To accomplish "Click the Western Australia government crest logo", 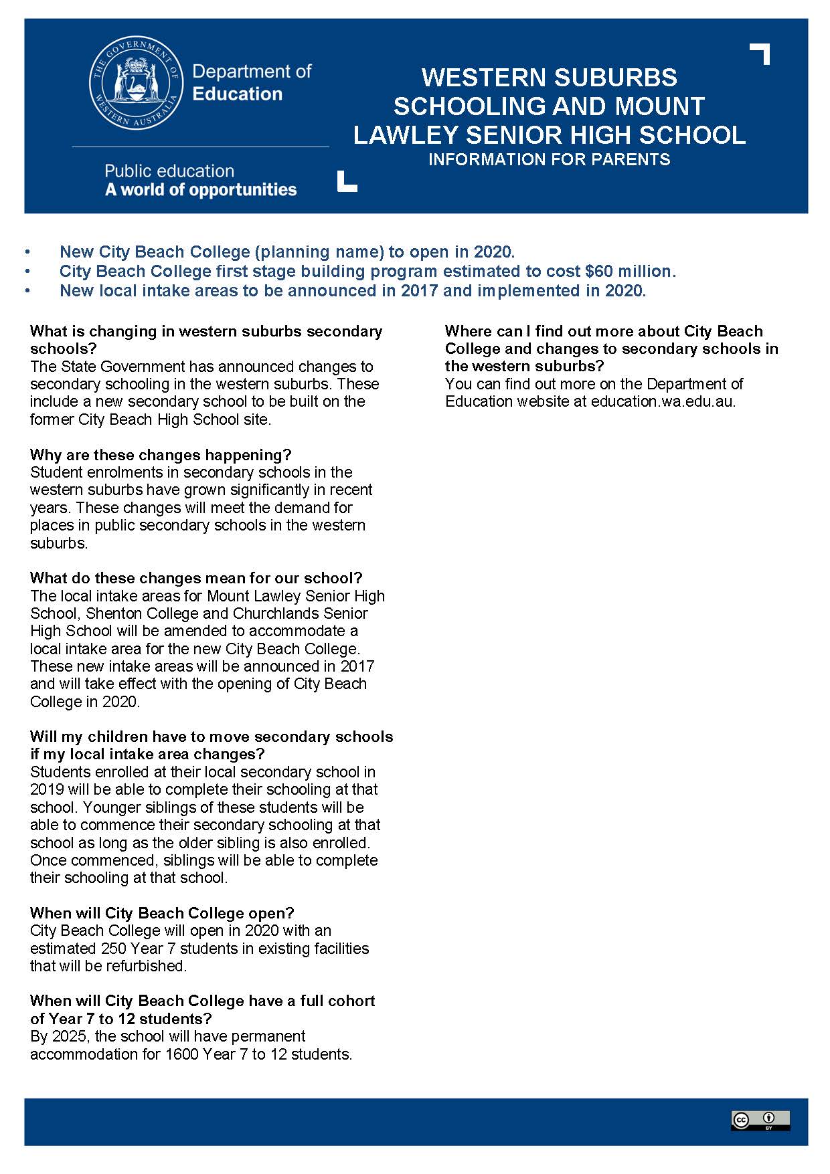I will [136, 84].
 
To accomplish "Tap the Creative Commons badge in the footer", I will [760, 1120].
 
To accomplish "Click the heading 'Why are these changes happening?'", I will [161, 455].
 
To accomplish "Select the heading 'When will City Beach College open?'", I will [162, 913].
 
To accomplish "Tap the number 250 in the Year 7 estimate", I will [112, 949].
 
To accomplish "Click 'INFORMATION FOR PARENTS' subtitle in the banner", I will [549, 160].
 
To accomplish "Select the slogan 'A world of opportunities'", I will [200, 190].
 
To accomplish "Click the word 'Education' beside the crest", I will [237, 94].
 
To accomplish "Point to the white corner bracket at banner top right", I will [761, 53].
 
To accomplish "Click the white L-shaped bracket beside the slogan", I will [346, 182].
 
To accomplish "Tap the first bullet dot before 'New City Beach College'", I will [27, 252].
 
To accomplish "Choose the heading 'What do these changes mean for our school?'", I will [196, 578].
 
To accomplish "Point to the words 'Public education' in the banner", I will [169, 171].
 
